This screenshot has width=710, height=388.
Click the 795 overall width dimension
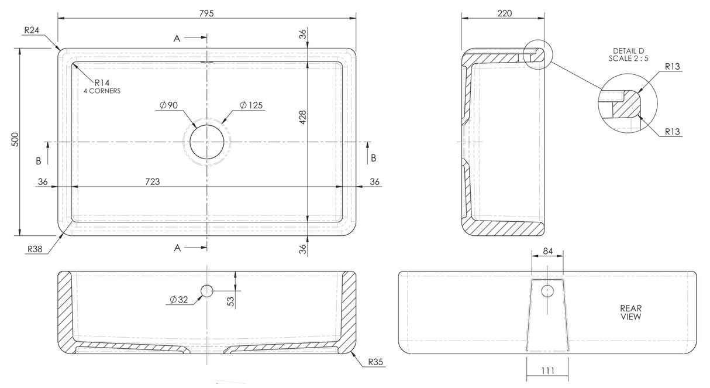point(206,13)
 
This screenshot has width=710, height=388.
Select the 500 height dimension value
point(16,139)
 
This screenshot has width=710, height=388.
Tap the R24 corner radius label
point(32,30)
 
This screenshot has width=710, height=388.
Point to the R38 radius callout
point(35,249)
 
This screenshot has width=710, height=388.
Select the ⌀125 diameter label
point(251,105)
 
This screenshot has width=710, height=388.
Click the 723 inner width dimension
point(152,182)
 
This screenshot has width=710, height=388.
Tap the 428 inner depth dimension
point(302,117)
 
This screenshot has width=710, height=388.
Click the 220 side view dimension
point(504,13)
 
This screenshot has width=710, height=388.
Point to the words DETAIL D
point(628,51)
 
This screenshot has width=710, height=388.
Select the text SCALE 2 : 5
point(628,58)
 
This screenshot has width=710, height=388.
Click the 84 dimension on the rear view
point(547,251)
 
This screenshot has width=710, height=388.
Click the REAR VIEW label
point(631,312)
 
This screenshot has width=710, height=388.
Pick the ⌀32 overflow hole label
point(179,300)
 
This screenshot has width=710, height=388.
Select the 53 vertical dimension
point(230,301)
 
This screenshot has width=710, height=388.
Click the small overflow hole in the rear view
point(547,290)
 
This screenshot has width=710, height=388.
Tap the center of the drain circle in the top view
point(206,142)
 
